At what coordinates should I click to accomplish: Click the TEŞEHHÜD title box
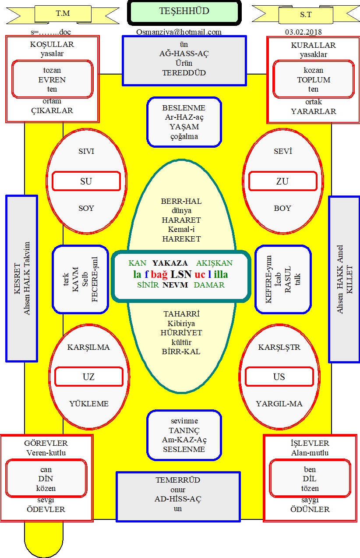(x=184, y=12)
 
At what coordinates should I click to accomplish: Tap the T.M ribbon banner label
(x=63, y=14)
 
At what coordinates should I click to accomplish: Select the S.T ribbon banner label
(x=306, y=14)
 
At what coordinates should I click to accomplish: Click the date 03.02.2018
(x=303, y=32)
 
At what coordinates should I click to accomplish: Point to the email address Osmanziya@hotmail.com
(x=179, y=32)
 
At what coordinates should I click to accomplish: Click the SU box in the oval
(x=86, y=181)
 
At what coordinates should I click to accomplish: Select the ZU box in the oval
(x=282, y=181)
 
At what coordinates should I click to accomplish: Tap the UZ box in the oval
(x=89, y=377)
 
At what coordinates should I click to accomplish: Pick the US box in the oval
(x=279, y=377)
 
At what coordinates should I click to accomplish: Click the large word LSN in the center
(x=181, y=274)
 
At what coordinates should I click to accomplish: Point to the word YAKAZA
(x=170, y=263)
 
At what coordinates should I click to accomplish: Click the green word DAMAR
(x=209, y=285)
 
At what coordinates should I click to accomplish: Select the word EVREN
(x=52, y=80)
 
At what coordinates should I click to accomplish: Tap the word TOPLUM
(x=314, y=80)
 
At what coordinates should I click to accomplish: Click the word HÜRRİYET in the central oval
(x=181, y=333)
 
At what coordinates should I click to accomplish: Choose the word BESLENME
(x=184, y=108)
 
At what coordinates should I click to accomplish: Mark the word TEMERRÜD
(x=178, y=480)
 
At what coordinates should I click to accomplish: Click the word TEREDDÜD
(x=184, y=73)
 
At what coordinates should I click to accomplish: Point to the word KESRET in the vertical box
(x=17, y=278)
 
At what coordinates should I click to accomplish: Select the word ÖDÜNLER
(x=310, y=509)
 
